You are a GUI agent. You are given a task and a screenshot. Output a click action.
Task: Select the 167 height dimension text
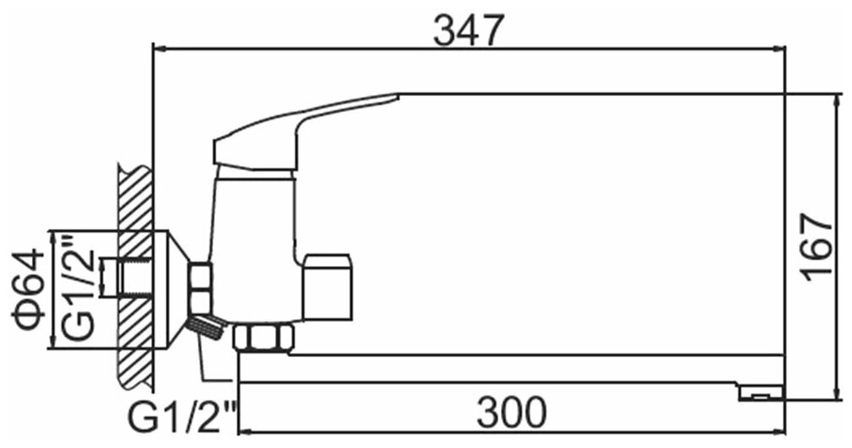[818, 247]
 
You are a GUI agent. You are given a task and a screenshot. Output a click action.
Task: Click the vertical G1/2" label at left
[79, 289]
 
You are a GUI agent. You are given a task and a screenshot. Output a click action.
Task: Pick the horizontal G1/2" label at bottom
[183, 417]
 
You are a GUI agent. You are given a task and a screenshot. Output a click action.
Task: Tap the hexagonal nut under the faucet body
[264, 338]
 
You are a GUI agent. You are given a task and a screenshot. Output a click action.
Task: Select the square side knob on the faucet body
[327, 286]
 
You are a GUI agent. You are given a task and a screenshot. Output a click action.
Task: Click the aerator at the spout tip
[761, 393]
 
